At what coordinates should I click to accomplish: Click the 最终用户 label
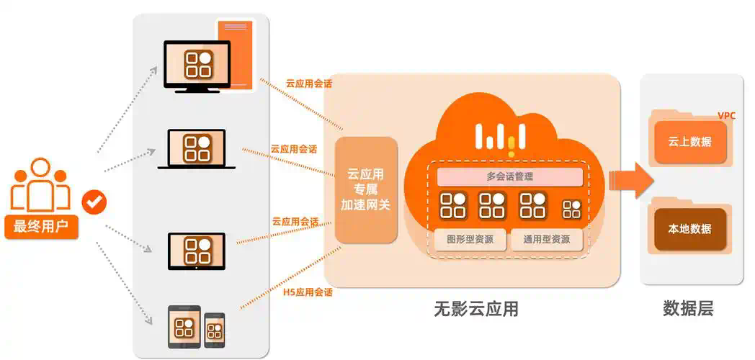(41, 228)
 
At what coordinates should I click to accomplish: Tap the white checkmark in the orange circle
(94, 202)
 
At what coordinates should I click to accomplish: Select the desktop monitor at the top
(197, 66)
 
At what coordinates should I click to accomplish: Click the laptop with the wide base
(196, 149)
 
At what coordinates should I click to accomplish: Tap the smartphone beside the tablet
(214, 330)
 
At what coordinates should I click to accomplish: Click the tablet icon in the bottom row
(184, 327)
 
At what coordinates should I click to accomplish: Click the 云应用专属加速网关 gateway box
(365, 190)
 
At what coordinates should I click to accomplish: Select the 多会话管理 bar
(509, 176)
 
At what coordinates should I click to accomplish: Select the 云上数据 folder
(689, 142)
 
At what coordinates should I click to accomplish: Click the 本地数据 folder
(689, 229)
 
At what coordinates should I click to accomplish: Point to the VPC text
(728, 116)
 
